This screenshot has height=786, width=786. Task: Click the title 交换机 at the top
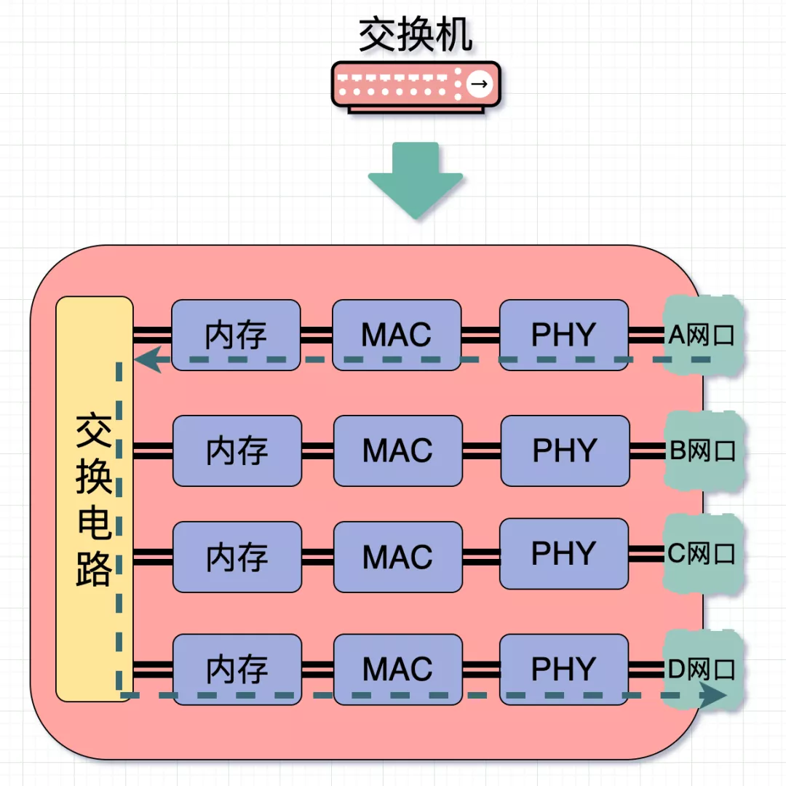pos(416,35)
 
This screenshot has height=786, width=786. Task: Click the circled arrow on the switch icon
pos(478,84)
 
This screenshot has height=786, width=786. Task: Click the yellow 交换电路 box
pos(95,499)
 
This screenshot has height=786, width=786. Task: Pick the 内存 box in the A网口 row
pos(236,335)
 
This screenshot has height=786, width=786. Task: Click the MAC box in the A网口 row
pos(397,335)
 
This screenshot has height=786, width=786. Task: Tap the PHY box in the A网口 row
pos(564,335)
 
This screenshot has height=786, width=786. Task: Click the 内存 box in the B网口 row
pos(237,450)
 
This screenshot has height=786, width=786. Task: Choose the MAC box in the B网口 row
pos(397,450)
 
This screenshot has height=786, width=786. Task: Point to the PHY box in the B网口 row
pos(565,450)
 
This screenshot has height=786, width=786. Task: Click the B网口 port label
pos(703,450)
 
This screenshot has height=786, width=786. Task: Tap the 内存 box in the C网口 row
pos(237,557)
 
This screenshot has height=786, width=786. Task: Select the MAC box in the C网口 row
pos(397,557)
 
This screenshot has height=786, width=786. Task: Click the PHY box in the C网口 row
pos(564,554)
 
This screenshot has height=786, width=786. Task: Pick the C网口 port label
pos(703,554)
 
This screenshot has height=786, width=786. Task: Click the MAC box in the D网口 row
pos(397,669)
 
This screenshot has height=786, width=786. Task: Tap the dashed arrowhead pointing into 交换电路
pos(148,360)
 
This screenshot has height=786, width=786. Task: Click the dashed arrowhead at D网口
pos(713,695)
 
